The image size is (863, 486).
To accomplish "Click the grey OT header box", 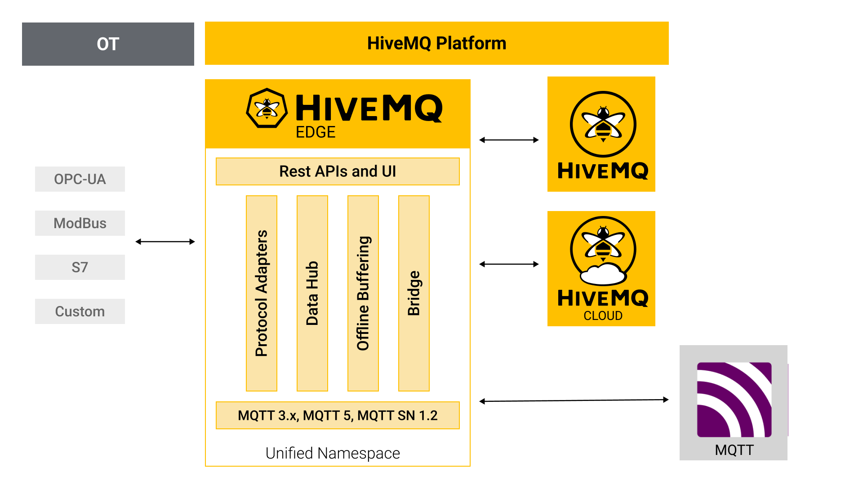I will [108, 44].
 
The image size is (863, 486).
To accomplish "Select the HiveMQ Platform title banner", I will [436, 43].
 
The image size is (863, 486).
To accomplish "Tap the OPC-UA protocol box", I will [80, 179].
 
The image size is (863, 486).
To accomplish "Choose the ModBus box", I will [80, 223].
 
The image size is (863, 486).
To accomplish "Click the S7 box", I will [80, 267].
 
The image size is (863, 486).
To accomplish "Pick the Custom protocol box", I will [80, 311].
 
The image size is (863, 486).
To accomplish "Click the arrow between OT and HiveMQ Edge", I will [165, 242].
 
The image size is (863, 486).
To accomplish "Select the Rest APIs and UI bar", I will [338, 171].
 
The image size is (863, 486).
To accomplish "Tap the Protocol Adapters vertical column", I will [262, 293].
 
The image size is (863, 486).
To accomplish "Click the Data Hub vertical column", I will [312, 293].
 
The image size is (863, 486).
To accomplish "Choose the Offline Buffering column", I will [363, 293].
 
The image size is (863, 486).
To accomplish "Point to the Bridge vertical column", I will [414, 293].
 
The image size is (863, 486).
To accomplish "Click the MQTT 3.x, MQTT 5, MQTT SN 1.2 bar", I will [338, 415].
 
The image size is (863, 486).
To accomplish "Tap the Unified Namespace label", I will [333, 453].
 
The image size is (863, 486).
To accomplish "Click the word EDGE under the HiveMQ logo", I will [316, 132].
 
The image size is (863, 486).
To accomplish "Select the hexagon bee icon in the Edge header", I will [267, 108].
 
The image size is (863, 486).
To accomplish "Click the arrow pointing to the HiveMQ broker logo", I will [509, 140].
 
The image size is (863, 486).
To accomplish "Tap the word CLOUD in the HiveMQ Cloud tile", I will [603, 316].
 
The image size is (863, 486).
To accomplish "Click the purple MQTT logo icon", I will [734, 400].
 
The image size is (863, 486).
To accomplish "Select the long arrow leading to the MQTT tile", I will [574, 400].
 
